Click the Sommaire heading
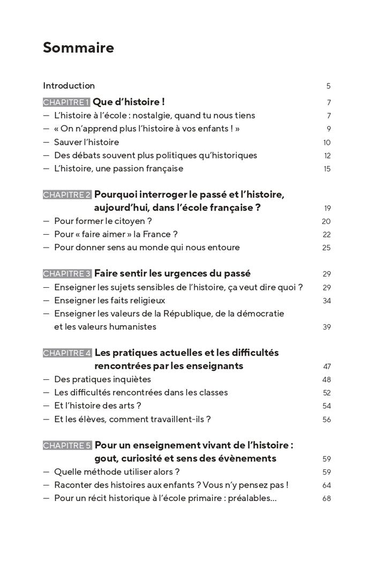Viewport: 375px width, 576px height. [78, 48]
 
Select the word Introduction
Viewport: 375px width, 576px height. [69, 86]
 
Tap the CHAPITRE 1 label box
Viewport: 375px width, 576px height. [66, 102]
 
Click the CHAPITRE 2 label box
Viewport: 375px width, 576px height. [67, 195]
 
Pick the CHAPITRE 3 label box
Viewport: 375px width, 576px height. [67, 274]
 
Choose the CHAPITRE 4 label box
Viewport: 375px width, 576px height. [67, 353]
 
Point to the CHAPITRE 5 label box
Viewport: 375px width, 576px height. [67, 445]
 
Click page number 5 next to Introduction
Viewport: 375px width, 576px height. [328, 86]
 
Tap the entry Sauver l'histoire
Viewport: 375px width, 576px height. [86, 142]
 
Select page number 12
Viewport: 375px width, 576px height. [327, 156]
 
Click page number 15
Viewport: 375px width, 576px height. [327, 169]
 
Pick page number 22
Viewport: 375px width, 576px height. [327, 235]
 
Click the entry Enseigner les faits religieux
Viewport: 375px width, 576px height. [109, 301]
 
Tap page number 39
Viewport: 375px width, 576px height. [327, 327]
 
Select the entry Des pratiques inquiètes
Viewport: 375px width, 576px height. [102, 379]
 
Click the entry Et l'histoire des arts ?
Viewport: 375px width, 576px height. [97, 406]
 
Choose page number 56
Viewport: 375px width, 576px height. [327, 420]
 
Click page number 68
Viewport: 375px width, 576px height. [327, 499]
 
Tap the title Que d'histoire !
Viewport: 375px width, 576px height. [129, 102]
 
